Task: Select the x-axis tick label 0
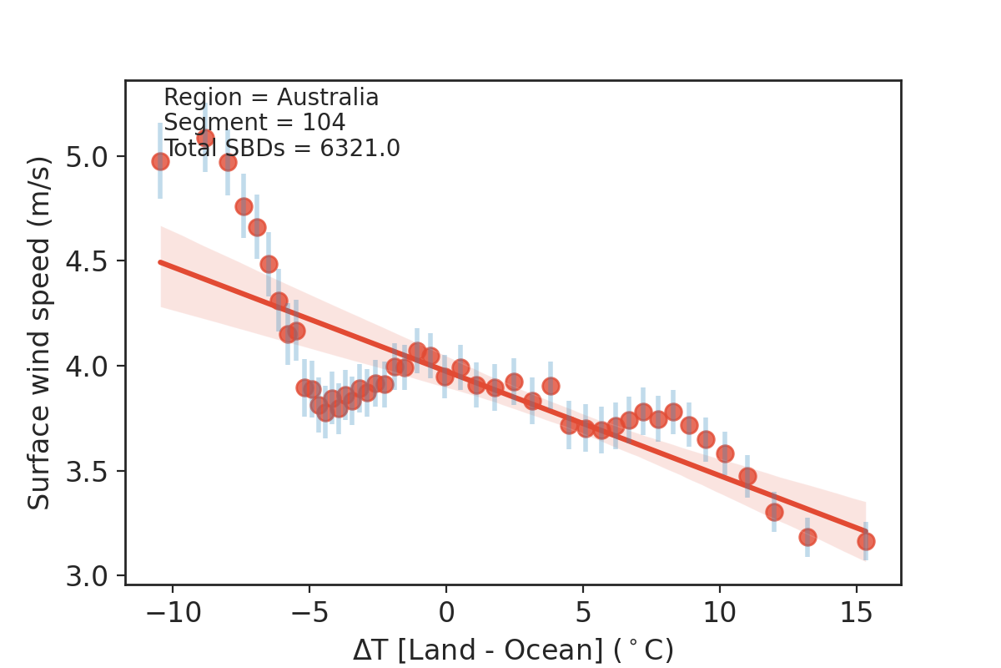[445, 614]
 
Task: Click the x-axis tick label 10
[719, 614]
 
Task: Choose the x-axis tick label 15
[856, 614]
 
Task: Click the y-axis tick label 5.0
[93, 156]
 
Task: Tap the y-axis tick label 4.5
[93, 261]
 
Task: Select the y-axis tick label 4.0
[93, 366]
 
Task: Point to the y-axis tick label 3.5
[93, 471]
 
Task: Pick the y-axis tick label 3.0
[93, 576]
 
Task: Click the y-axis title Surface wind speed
[39, 332]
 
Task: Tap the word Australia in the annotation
[328, 98]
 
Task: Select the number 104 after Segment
[316, 123]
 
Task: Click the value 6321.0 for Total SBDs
[351, 148]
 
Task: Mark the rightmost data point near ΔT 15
[866, 541]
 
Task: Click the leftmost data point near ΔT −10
[160, 161]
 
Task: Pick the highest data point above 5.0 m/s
[205, 138]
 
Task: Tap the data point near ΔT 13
[807, 537]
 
